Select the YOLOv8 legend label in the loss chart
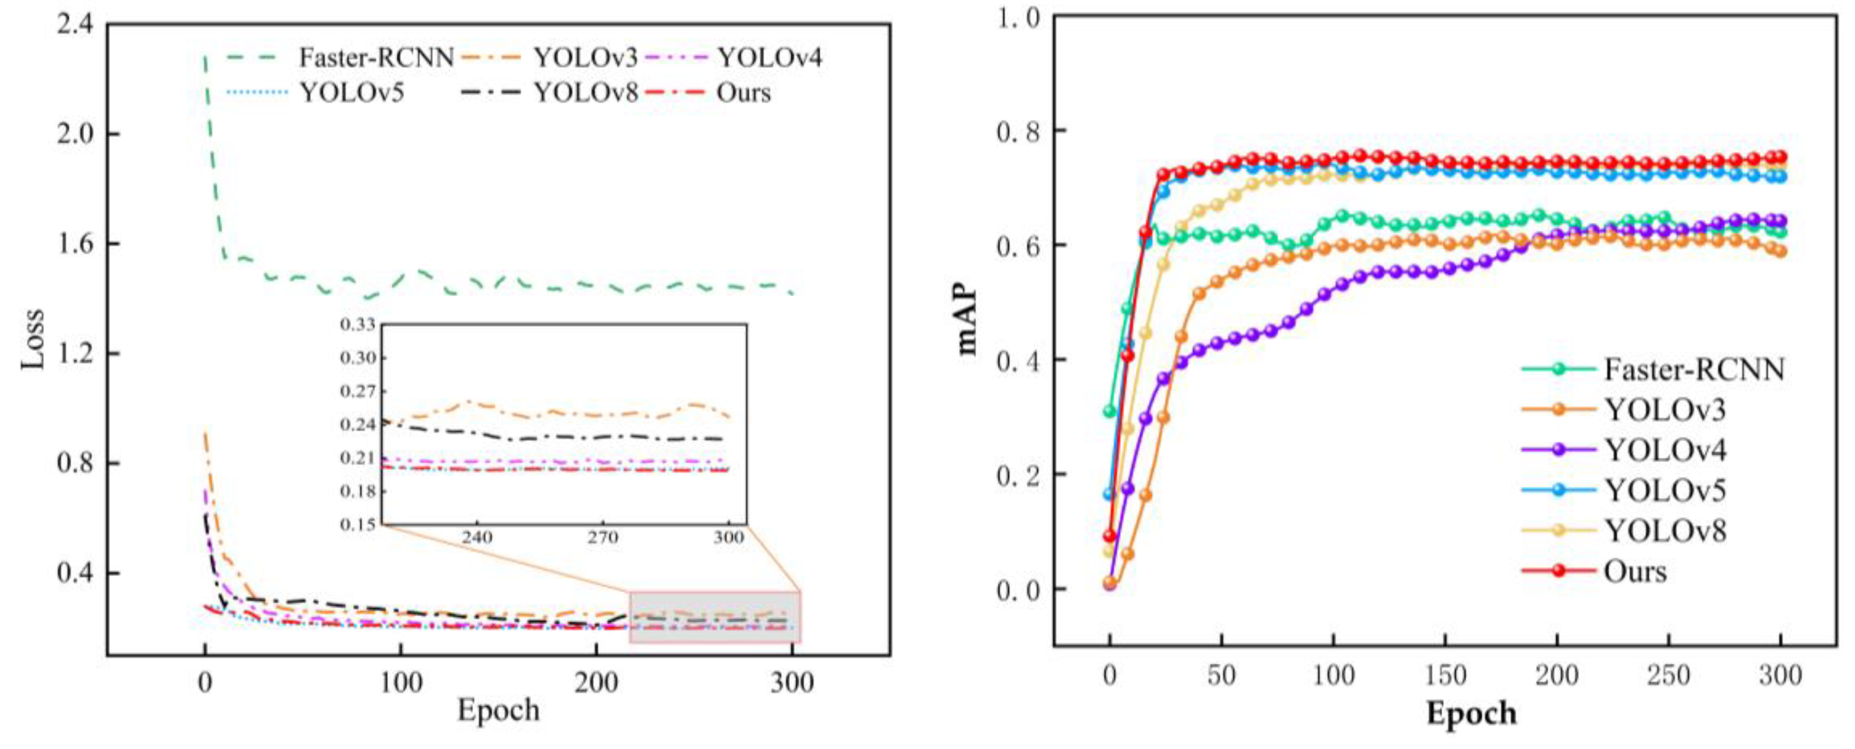tap(586, 93)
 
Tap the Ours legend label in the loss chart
tap(743, 93)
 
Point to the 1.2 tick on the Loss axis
tap(75, 353)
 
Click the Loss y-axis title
tap(33, 339)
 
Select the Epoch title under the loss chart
tap(498, 710)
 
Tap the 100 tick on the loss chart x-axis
tap(401, 682)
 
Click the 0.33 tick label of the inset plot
tap(358, 325)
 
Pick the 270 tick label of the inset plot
tap(602, 538)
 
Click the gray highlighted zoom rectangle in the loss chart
tap(714, 616)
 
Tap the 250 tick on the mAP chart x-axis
tap(1669, 676)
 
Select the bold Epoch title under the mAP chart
tap(1471, 713)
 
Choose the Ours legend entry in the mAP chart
tap(1634, 571)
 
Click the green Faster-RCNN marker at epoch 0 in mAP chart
tap(1109, 411)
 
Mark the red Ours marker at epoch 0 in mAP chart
tap(1109, 536)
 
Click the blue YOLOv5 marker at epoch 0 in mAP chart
tap(1109, 494)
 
